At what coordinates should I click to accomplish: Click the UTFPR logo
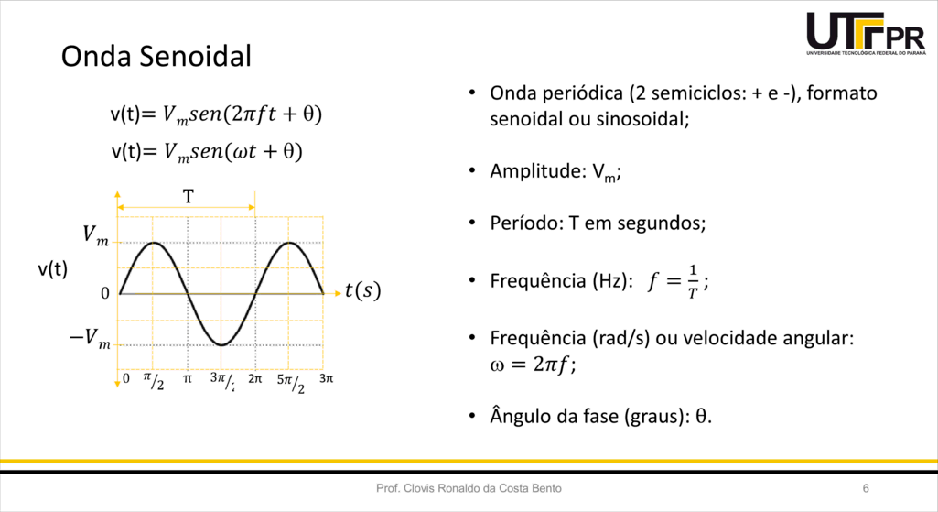point(866,34)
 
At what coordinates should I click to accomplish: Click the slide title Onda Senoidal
point(156,56)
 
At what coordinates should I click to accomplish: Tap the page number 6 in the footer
point(866,489)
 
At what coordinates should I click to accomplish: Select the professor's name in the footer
point(469,489)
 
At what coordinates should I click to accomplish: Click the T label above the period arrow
point(189,196)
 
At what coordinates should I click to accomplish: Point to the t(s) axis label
point(362,290)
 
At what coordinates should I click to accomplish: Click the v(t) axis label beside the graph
point(53,269)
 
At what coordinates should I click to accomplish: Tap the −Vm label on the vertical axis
point(91,338)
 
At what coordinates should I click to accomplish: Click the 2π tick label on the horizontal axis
point(254,378)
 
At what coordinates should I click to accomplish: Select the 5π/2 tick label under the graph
point(291,383)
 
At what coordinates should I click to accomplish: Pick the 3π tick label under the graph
point(326,378)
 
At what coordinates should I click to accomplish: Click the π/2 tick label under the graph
point(154,381)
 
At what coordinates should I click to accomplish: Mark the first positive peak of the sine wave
point(154,243)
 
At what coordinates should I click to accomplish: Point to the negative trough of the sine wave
point(221,345)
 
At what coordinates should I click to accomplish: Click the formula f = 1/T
point(678,281)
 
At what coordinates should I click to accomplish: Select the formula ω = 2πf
point(533,365)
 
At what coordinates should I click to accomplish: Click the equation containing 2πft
point(216,114)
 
